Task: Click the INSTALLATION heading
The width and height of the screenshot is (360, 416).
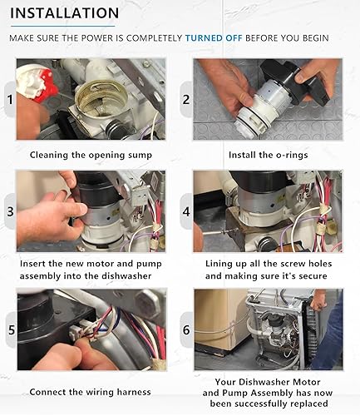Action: click(64, 13)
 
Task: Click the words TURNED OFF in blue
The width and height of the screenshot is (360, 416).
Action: click(214, 38)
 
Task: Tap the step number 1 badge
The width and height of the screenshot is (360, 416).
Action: click(10, 99)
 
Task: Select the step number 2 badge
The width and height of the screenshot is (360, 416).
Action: click(186, 99)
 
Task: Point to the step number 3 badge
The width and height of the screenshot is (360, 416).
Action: click(10, 211)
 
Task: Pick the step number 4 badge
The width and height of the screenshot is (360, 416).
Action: click(186, 211)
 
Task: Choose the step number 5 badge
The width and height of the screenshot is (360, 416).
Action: click(11, 329)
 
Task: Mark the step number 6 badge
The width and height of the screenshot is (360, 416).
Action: click(186, 329)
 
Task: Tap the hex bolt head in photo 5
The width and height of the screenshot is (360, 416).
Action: click(146, 303)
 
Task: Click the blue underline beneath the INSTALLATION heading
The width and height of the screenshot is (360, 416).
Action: click(62, 27)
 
